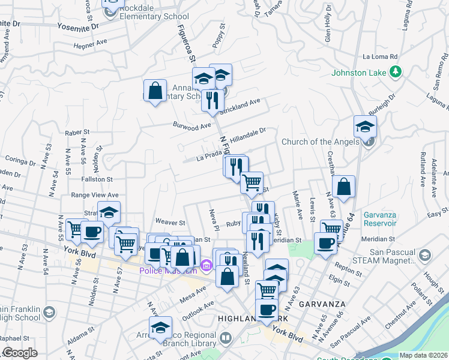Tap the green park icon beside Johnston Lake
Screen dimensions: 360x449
click(395, 73)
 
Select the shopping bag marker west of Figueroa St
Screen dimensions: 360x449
click(155, 91)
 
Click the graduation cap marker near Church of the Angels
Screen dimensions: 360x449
click(365, 127)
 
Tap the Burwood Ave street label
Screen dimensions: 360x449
click(192, 127)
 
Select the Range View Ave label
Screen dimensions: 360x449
click(95, 195)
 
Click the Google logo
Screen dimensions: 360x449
click(20, 353)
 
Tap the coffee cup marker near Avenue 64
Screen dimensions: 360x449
click(326, 244)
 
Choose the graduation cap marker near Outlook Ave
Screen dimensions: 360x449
click(160, 328)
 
